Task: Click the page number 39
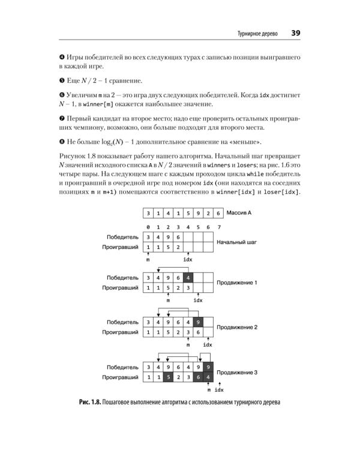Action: coord(296,34)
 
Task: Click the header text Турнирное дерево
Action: coord(257,34)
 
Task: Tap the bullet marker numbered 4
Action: coord(62,56)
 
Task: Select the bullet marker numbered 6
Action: coord(62,96)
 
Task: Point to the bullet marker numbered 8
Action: coord(62,142)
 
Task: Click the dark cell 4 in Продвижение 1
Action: coord(188,277)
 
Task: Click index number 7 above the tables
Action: coord(219,227)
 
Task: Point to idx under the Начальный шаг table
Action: coord(188,259)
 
